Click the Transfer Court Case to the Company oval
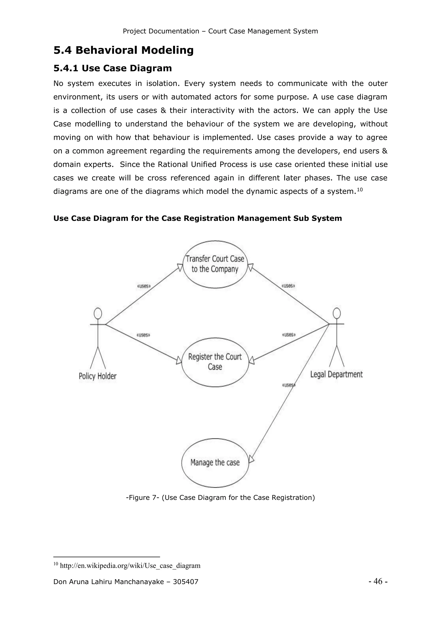(x=215, y=264)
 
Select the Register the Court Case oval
(x=215, y=362)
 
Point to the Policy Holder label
(x=98, y=376)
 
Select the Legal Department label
(x=336, y=374)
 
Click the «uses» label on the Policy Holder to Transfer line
(x=144, y=286)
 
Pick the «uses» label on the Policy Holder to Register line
(x=143, y=335)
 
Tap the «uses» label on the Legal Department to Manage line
(x=288, y=385)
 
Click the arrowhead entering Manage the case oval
(x=252, y=459)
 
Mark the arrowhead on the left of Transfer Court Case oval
(x=180, y=267)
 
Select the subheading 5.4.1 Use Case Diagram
(x=113, y=68)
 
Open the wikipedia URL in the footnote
(x=130, y=566)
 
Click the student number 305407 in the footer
(x=185, y=582)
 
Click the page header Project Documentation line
(x=220, y=31)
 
